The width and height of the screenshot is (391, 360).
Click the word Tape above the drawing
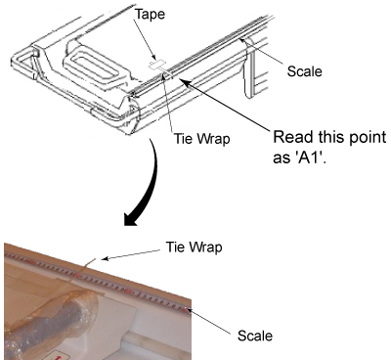coord(150,15)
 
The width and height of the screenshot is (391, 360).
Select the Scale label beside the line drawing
coord(304,71)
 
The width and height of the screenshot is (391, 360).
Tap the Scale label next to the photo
coord(255,336)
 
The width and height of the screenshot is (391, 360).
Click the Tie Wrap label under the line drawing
coord(201,139)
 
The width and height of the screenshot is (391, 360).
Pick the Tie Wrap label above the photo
coord(195,247)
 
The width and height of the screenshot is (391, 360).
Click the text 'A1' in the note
coord(312,158)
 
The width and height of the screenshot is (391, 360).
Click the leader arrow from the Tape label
coord(145,42)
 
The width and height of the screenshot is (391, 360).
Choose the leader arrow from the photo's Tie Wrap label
coord(131,254)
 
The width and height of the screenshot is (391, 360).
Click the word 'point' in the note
coord(369,138)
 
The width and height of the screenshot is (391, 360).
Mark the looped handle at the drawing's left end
coord(23,63)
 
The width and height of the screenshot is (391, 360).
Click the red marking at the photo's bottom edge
coord(56,356)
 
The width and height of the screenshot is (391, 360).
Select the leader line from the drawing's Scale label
coord(262,53)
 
